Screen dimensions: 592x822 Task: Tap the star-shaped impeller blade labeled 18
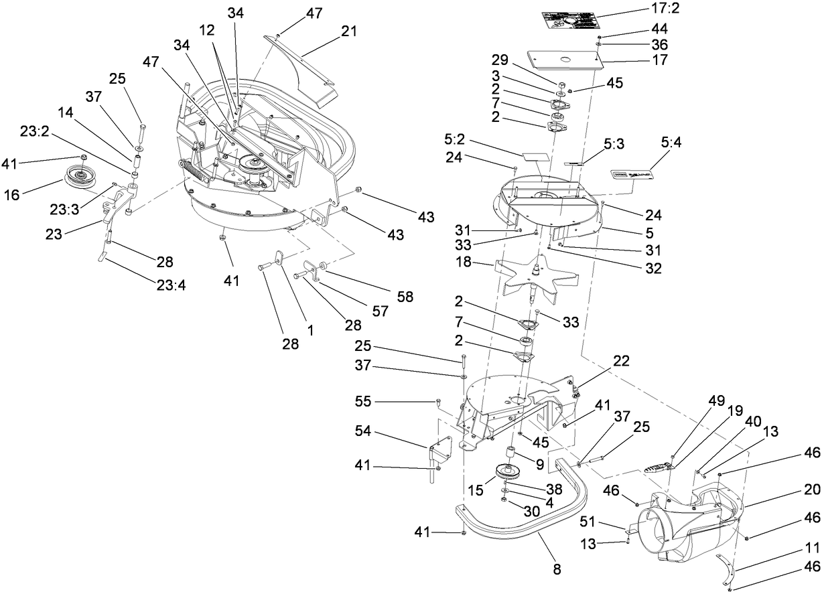click(x=536, y=274)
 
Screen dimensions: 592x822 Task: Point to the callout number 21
click(x=349, y=31)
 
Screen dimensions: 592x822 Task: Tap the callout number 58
click(x=405, y=295)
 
